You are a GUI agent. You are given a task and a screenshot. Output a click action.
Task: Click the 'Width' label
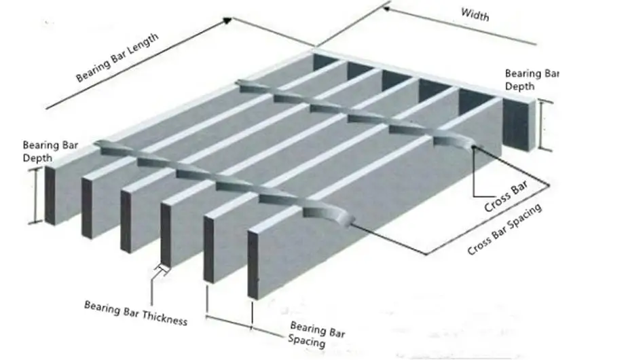(475, 14)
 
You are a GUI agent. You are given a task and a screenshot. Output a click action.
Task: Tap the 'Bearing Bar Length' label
(117, 57)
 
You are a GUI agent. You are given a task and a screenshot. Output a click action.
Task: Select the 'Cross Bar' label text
(506, 203)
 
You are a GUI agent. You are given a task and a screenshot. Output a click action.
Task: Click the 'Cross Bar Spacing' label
(504, 230)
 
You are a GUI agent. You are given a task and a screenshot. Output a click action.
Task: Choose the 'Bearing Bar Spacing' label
(316, 334)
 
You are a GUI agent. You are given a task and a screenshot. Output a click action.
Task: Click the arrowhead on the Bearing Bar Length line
(227, 20)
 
